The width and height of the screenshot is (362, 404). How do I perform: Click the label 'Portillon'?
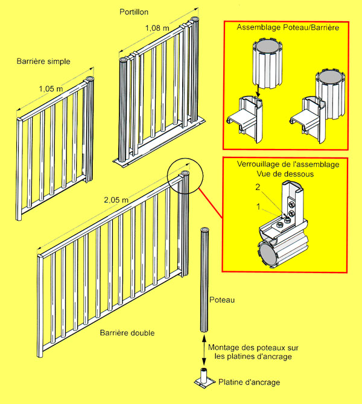click(134, 12)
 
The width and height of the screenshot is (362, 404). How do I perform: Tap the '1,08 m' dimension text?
click(157, 28)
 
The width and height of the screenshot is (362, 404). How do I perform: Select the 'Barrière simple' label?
click(43, 62)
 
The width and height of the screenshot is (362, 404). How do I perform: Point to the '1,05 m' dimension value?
click(51, 89)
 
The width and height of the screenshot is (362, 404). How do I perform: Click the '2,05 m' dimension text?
click(116, 200)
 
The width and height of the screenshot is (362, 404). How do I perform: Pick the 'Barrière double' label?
click(127, 333)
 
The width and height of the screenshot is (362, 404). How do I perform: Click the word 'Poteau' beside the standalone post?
click(222, 300)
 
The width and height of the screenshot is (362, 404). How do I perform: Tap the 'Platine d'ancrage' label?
click(249, 382)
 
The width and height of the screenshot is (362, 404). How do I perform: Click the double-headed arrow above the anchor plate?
click(204, 350)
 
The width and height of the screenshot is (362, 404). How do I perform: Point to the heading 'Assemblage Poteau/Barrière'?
click(288, 27)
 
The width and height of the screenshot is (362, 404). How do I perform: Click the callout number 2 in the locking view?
click(258, 187)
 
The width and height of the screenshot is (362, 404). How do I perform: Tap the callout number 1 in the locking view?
click(258, 206)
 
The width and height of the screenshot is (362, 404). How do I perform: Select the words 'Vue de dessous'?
click(285, 174)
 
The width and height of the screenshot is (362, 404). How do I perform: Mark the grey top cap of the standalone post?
click(205, 230)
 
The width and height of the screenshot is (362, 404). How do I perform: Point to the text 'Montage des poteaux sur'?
click(253, 347)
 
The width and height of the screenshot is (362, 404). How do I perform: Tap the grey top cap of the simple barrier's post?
click(90, 78)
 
